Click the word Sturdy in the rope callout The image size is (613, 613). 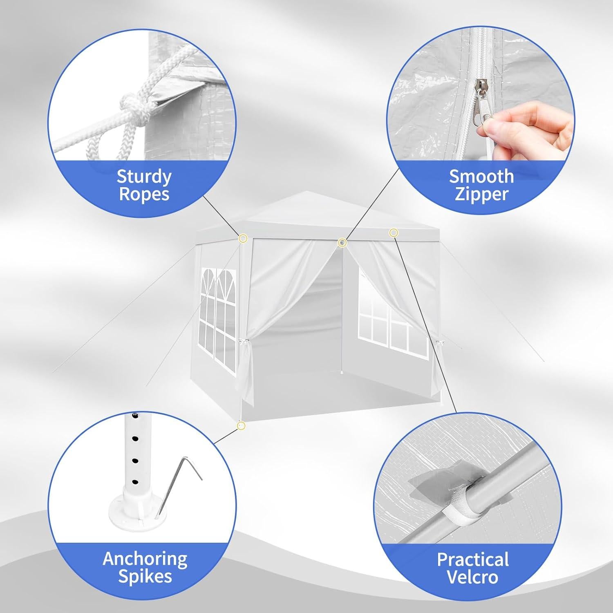pyautogui.click(x=144, y=176)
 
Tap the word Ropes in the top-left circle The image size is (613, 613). pyautogui.click(x=144, y=194)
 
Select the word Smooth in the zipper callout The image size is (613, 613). pyautogui.click(x=481, y=176)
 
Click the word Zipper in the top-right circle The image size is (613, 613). pyautogui.click(x=481, y=194)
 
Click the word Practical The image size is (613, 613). pyautogui.click(x=473, y=559)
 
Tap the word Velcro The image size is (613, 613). pyautogui.click(x=473, y=577)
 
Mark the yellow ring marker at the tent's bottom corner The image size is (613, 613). pyautogui.click(x=241, y=426)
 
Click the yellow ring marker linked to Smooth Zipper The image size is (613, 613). pyautogui.click(x=342, y=243)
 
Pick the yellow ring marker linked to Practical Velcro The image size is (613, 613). pyautogui.click(x=393, y=233)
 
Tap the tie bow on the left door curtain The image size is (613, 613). pyautogui.click(x=244, y=342)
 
